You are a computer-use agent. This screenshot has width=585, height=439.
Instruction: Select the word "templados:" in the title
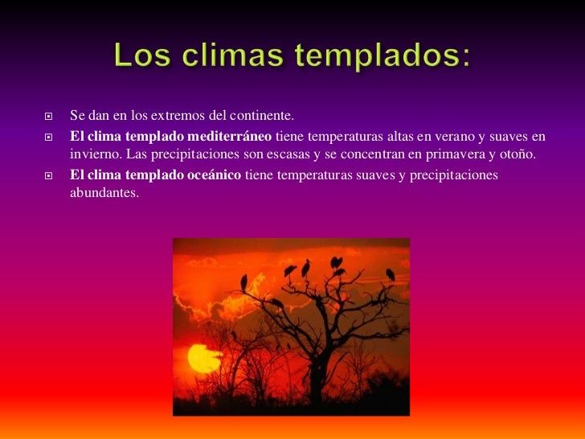pyautogui.click(x=392, y=55)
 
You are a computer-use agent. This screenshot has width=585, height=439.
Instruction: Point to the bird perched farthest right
pyautogui.click(x=390, y=274)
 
